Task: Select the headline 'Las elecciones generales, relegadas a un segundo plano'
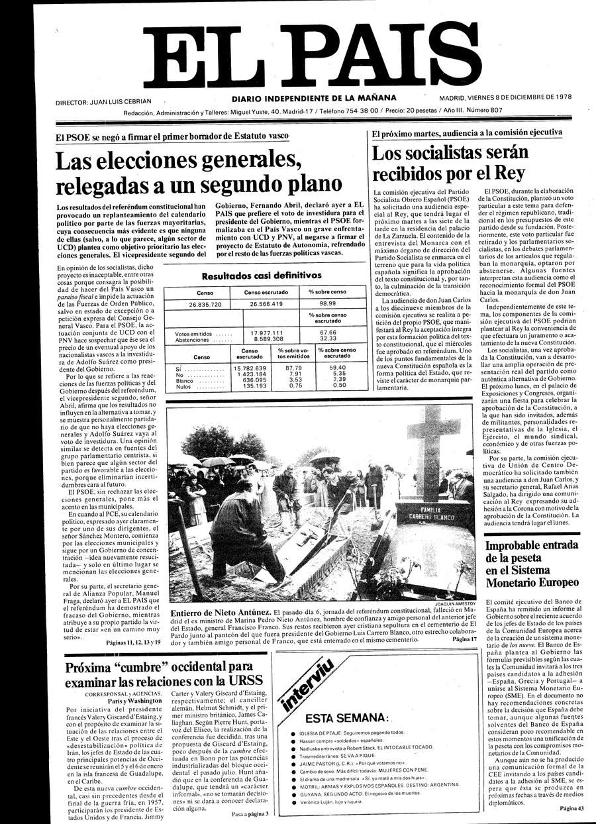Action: pyautogui.click(x=199, y=172)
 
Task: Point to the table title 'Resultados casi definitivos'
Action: pyautogui.click(x=261, y=276)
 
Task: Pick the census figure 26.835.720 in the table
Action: pyautogui.click(x=196, y=304)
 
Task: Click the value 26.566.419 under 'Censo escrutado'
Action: pyautogui.click(x=267, y=304)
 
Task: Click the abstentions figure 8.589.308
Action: pyautogui.click(x=267, y=338)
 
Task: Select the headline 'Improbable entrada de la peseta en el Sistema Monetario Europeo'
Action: pyautogui.click(x=532, y=564)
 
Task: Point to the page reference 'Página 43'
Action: pyautogui.click(x=571, y=808)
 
